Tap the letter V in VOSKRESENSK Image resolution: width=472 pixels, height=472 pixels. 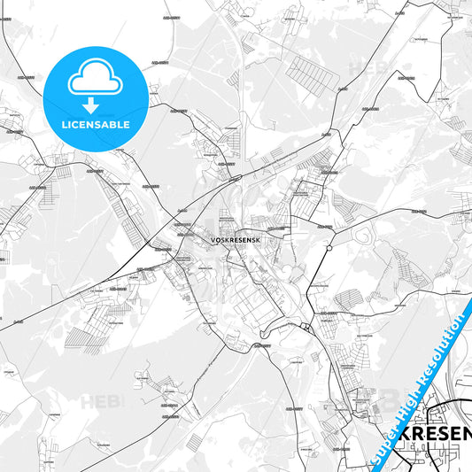(213, 239)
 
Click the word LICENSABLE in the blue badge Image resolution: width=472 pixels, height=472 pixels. (95, 125)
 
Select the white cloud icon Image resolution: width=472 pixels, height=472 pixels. (95, 77)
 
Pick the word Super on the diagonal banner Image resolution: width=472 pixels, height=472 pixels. (383, 445)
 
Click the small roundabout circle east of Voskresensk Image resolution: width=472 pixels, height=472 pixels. (328, 248)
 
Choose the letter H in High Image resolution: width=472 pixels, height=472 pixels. (402, 418)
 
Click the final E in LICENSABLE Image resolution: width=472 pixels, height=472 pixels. (126, 125)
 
